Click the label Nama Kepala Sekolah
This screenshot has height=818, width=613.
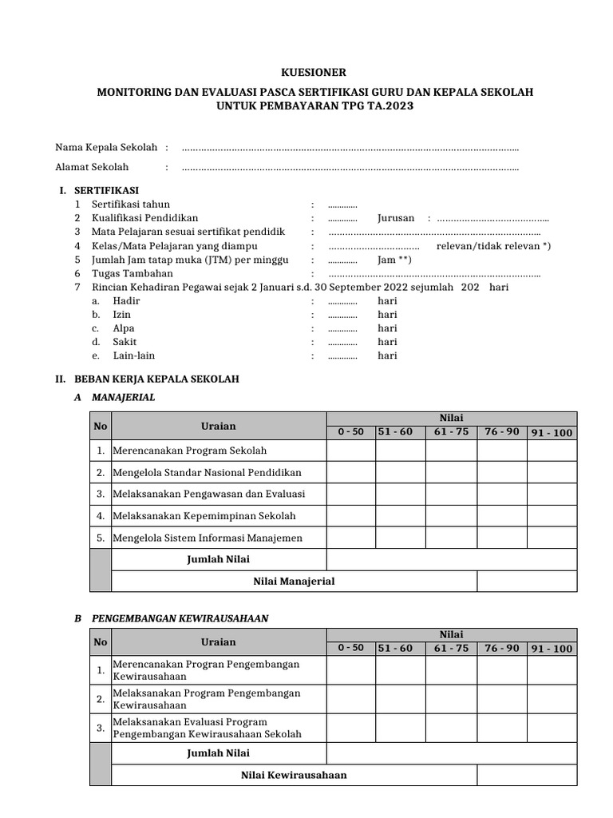(x=107, y=148)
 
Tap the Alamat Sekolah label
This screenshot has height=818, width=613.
(x=92, y=167)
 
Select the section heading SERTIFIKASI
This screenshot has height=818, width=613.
(x=106, y=190)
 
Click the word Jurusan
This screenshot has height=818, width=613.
(x=396, y=218)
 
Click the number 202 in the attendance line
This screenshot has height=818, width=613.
(x=470, y=287)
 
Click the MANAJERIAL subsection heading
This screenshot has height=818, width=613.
(x=124, y=397)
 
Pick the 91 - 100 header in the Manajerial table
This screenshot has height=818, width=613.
(x=552, y=433)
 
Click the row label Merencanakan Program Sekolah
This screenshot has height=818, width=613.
(x=190, y=451)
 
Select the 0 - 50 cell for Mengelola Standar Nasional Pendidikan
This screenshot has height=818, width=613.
(x=350, y=472)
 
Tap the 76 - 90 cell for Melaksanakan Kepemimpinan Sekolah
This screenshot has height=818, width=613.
(x=501, y=516)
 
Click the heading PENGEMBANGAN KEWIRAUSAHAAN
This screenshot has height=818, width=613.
(x=180, y=618)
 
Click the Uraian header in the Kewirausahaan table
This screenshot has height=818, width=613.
(x=218, y=641)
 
